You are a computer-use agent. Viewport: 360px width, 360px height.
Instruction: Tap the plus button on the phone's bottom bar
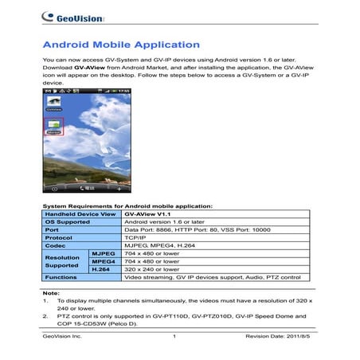tap(119, 190)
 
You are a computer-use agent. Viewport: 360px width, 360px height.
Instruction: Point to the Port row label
tap(53, 232)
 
